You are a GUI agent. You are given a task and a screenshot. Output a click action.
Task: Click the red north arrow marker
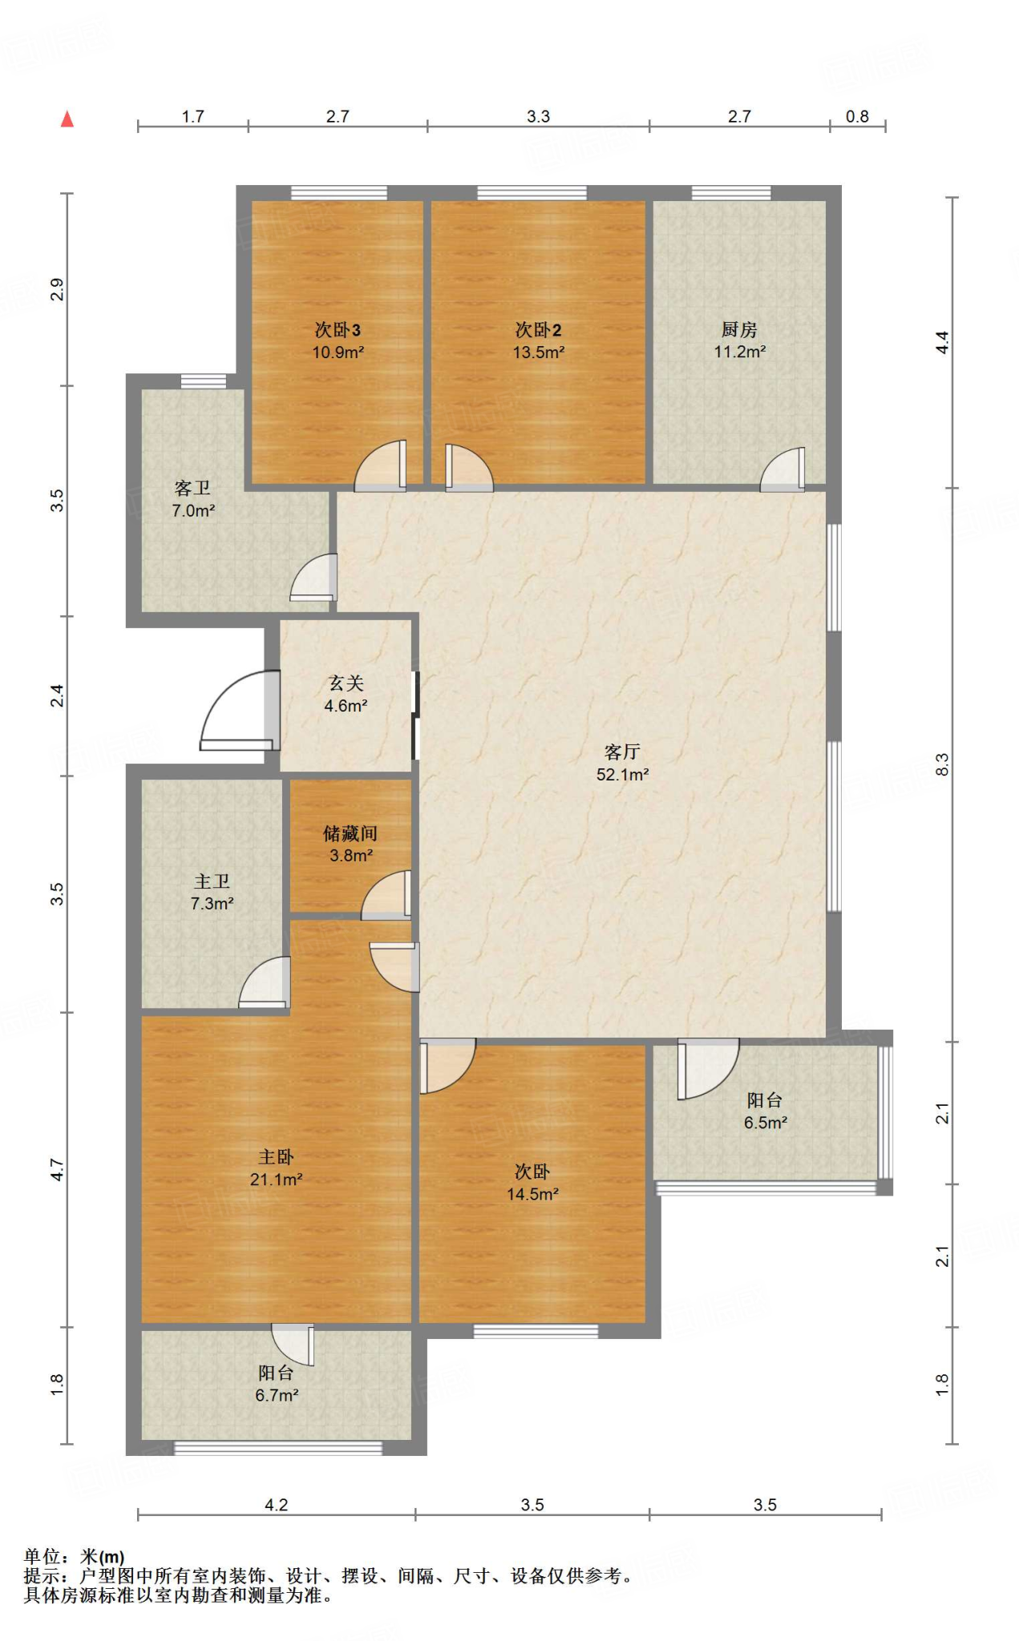coord(67,119)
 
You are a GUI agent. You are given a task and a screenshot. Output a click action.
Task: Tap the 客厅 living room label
coord(622,752)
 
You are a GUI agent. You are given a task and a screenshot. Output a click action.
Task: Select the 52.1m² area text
coord(622,774)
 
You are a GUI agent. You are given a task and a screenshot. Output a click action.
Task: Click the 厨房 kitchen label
coord(739,329)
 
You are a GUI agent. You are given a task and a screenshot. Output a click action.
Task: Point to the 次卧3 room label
coord(338,329)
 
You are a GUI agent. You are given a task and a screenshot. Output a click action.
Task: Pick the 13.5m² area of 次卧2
coord(539,352)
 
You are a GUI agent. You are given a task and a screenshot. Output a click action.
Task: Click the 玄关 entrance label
coord(346,683)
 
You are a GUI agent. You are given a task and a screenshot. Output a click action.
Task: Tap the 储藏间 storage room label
coord(350,833)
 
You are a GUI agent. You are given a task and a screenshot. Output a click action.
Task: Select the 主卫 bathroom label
coord(212,881)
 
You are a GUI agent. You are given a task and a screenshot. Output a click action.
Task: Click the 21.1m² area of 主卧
coord(276,1179)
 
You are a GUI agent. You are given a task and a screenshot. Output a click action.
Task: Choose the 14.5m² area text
coord(532,1194)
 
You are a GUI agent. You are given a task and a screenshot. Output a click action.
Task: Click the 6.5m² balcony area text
coord(766,1123)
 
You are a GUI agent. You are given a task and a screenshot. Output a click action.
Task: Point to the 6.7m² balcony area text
coord(277,1395)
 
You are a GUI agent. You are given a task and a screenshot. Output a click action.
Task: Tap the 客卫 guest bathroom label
coord(192,488)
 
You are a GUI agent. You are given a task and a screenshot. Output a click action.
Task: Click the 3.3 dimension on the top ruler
coord(538,116)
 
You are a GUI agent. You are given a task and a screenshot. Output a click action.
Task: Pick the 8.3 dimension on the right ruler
coord(942,764)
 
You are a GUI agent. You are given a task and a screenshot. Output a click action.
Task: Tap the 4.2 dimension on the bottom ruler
coord(277,1505)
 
